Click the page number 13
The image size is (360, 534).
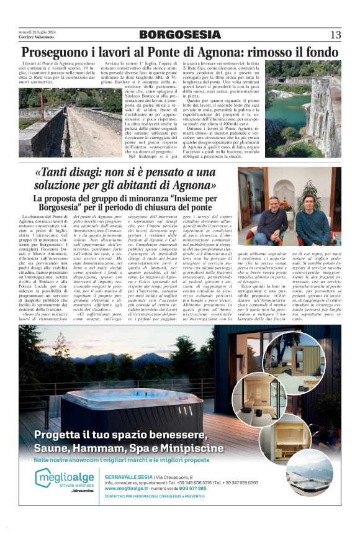coord(335,35)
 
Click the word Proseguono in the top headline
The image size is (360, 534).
coord(56,52)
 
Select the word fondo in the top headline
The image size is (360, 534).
coord(321,52)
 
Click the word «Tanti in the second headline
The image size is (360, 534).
coord(56,173)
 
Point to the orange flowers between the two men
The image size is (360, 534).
coord(287,204)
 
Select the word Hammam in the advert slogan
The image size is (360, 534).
coord(112,447)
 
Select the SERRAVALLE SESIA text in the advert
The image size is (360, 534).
coord(128,476)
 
